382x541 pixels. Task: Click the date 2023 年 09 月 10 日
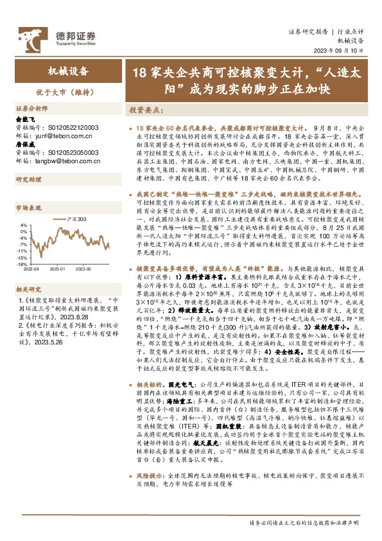[x=339, y=51]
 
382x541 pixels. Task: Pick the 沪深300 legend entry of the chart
[x=73, y=220]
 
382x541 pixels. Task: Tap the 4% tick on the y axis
[x=23, y=225]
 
